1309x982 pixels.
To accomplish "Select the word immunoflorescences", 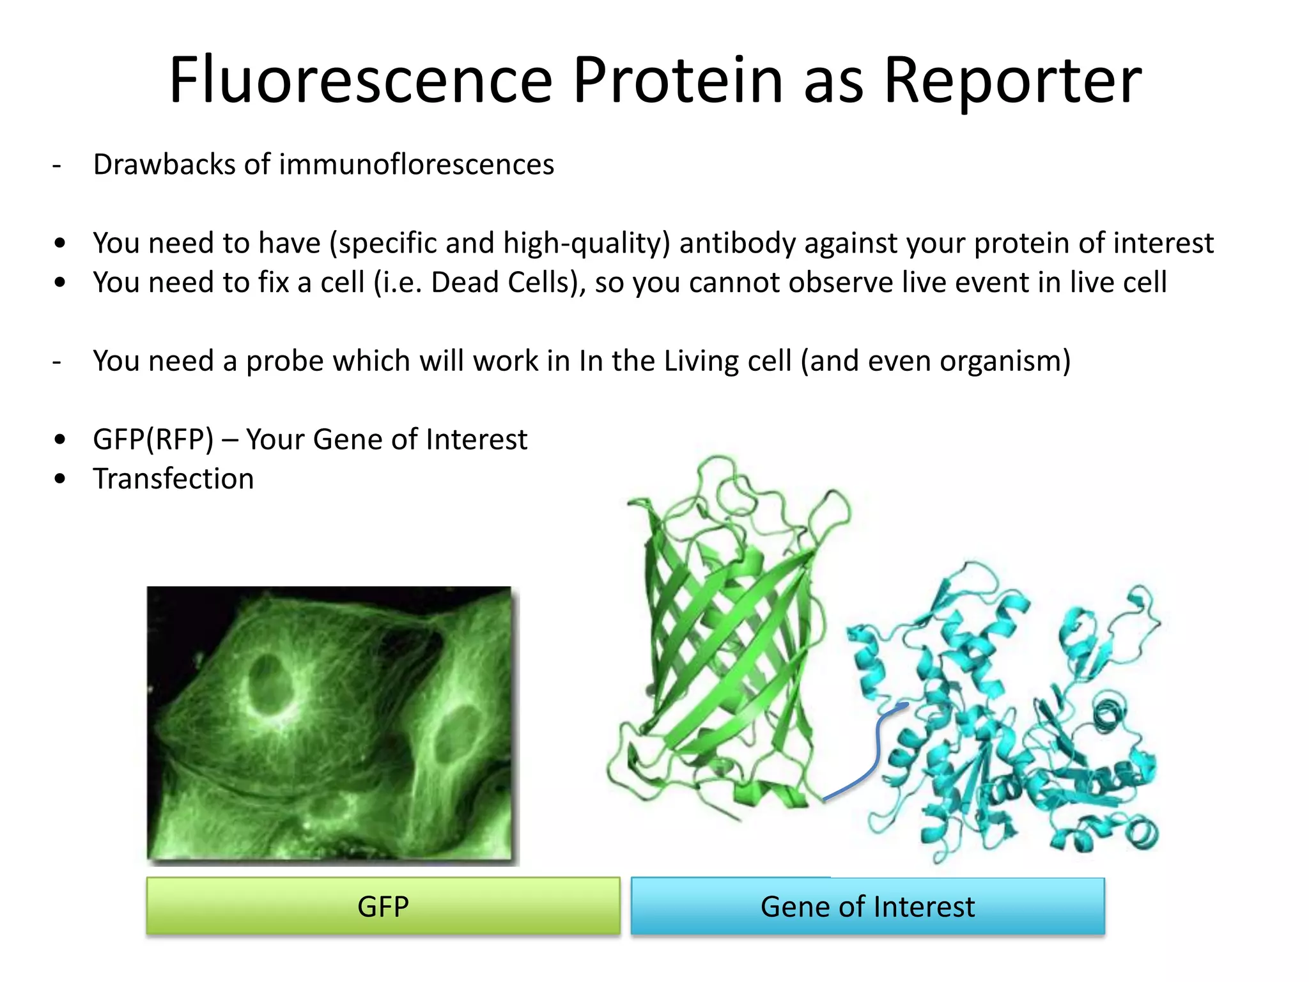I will pos(416,164).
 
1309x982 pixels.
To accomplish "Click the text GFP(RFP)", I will pos(153,439).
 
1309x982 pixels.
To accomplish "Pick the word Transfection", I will pos(173,478).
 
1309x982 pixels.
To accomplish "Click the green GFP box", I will pos(383,906).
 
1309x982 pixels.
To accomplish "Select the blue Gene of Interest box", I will pos(867,906).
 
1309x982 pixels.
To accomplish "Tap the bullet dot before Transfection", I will pos(60,479).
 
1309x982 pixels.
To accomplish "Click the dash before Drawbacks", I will pos(57,166).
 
